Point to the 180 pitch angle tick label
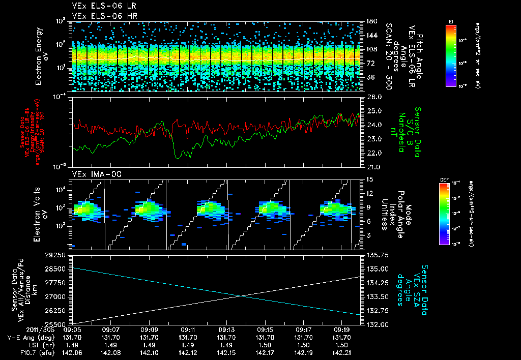[370, 21]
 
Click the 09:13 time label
[226, 329]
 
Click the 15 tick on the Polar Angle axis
[369, 179]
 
